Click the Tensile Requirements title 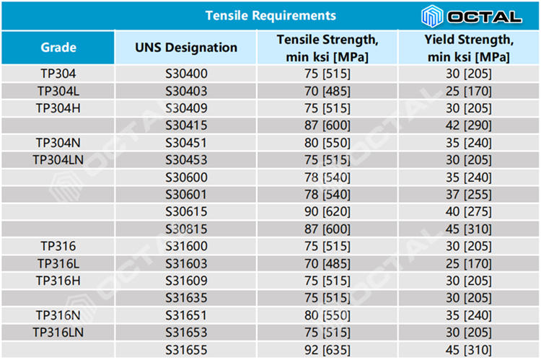coord(270,15)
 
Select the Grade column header coord(58,48)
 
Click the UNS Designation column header coord(186,48)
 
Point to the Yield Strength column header coord(469,48)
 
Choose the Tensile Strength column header coord(327,48)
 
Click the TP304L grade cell coord(58,91)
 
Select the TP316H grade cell coord(58,281)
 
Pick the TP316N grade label coord(58,315)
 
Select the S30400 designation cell coord(186,74)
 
